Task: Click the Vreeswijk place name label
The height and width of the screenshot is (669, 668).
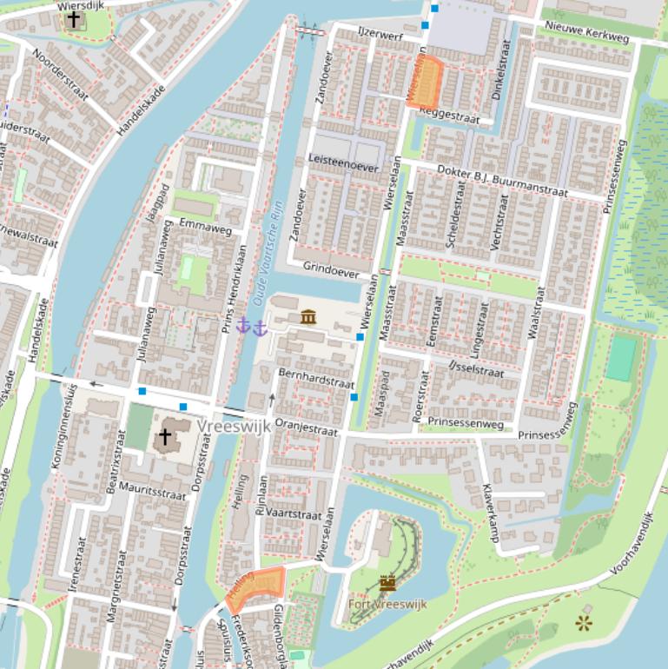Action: point(234,427)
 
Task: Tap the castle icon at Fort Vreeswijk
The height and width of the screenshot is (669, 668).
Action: point(387,583)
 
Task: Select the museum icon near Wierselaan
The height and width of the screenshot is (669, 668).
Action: point(308,317)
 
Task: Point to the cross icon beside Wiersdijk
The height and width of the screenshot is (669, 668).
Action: point(75,19)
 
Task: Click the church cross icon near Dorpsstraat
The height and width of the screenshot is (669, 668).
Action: point(163,437)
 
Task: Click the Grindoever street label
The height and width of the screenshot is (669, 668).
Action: point(331,271)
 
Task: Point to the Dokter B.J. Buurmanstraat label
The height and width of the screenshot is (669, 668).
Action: point(501,179)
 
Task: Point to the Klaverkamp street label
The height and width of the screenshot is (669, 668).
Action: point(492,513)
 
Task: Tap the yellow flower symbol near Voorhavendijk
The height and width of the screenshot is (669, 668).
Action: point(584,622)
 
